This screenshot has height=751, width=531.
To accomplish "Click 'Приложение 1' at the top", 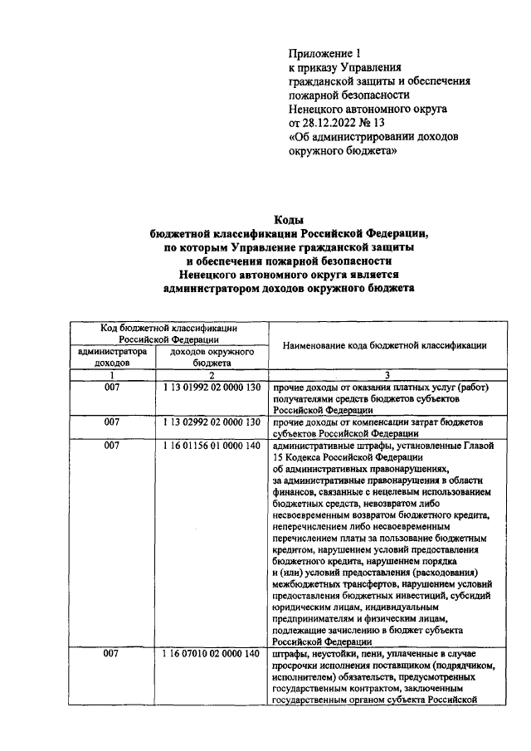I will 324,52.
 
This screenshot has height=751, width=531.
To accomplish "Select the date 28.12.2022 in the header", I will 330,123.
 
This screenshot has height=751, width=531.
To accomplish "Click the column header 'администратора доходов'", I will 112,357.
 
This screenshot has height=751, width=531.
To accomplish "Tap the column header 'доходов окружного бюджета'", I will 212,357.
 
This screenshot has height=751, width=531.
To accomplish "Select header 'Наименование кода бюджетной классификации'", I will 383,344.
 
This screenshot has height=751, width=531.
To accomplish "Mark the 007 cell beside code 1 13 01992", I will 112,388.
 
